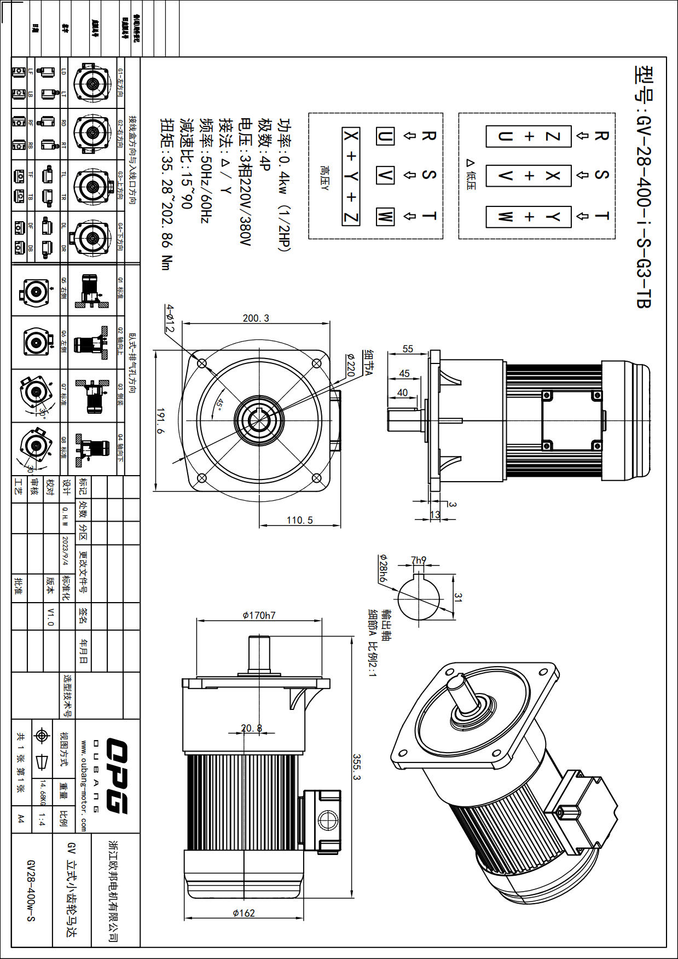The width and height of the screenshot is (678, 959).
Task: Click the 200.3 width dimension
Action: (x=256, y=318)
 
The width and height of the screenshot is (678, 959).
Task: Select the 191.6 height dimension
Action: (x=160, y=420)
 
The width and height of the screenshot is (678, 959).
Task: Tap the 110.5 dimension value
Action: (x=300, y=519)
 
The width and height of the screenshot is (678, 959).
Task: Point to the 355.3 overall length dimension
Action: (x=356, y=767)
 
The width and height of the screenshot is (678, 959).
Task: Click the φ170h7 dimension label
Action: (x=259, y=615)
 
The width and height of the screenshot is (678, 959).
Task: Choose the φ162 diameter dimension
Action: (x=244, y=912)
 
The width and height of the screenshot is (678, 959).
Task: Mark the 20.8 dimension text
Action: (x=252, y=728)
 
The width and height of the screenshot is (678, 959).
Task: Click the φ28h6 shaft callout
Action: (x=383, y=568)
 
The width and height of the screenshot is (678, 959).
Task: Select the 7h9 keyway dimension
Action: (x=419, y=560)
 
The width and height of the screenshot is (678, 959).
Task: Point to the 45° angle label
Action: (x=219, y=404)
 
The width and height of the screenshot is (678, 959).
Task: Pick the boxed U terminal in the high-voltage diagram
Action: (x=385, y=136)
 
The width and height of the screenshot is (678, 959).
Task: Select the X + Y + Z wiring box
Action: (x=351, y=176)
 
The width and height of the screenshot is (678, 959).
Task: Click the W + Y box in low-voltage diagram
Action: (x=529, y=217)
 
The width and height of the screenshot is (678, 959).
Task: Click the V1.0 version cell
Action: (x=50, y=616)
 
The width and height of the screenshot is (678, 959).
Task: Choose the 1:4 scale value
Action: (x=42, y=819)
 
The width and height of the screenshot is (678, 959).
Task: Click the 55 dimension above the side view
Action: (x=408, y=349)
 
